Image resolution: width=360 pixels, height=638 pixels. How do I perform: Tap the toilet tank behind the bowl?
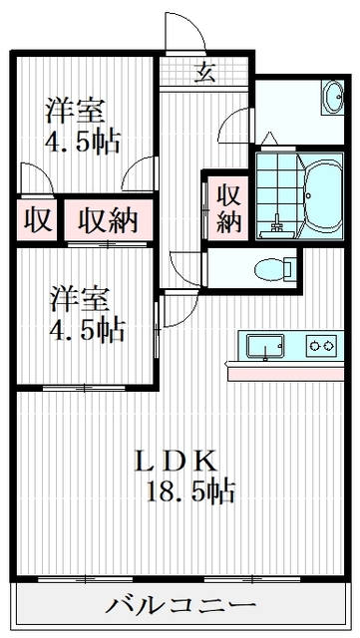[289, 268]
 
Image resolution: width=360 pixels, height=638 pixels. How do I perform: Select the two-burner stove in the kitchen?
[321, 346]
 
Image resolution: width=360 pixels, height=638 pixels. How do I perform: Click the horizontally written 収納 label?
[110, 219]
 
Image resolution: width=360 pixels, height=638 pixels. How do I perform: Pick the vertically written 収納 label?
[227, 207]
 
